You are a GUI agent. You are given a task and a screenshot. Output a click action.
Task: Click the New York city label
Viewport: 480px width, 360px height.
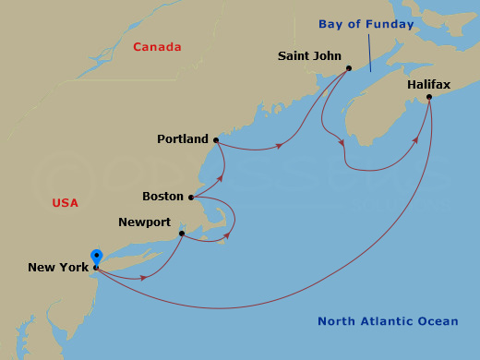(x=58, y=269)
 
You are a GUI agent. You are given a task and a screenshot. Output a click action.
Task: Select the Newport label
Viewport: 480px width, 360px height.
(x=145, y=222)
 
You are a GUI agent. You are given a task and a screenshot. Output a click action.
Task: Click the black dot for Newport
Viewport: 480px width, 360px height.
(x=182, y=234)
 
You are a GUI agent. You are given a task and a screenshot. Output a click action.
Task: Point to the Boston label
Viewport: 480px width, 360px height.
(x=162, y=197)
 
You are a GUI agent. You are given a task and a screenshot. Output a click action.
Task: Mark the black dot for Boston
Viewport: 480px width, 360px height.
(x=191, y=197)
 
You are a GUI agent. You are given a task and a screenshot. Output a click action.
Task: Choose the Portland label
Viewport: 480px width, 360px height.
(x=183, y=139)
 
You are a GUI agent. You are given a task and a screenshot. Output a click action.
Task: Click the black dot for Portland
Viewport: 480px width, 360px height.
(x=216, y=140)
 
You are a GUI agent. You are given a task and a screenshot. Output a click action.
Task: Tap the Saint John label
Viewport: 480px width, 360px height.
(x=309, y=56)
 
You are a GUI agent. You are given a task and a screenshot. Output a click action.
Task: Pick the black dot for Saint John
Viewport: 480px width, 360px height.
(x=349, y=67)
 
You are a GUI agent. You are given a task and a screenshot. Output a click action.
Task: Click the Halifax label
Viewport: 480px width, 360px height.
(x=428, y=85)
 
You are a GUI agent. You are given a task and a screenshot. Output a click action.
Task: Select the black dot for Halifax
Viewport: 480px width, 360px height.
(x=429, y=96)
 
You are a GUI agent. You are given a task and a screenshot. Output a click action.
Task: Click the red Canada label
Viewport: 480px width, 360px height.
(x=157, y=47)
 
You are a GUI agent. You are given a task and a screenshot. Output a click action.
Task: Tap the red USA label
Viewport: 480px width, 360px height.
(x=66, y=203)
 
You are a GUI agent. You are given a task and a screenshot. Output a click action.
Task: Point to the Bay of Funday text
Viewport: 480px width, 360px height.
(x=366, y=24)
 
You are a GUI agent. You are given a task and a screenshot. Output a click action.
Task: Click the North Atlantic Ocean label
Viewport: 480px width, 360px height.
(x=388, y=321)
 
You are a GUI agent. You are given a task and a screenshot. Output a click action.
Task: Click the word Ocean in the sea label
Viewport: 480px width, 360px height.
(x=438, y=321)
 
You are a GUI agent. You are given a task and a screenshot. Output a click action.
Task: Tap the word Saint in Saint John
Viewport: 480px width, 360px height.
(x=294, y=56)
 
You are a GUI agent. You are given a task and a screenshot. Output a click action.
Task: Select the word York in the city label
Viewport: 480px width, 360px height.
(x=74, y=269)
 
